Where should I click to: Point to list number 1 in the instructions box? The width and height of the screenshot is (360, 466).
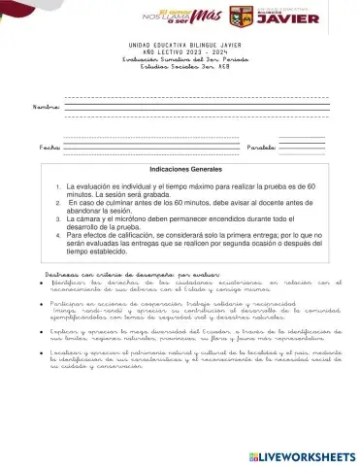(x=59, y=184)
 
